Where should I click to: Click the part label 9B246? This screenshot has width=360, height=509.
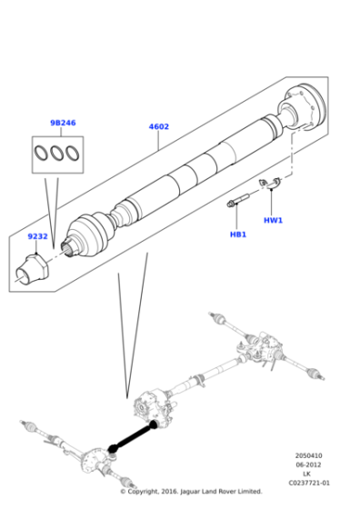pos(64,123)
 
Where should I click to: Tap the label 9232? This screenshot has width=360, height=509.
pos(37,236)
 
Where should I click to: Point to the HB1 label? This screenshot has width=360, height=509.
pos(238,235)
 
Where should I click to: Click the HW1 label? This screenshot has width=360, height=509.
pos(274,220)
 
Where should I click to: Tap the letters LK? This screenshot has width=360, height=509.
pos(307,474)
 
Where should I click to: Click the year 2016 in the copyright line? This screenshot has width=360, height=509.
pos(172,492)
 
